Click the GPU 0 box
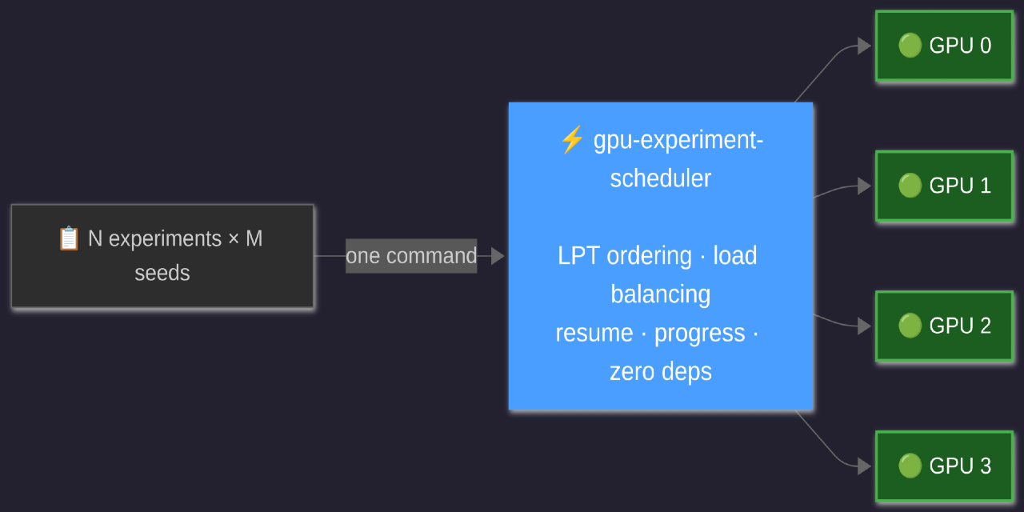point(944,46)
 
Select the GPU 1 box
point(944,186)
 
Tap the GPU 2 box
point(944,326)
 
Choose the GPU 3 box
point(944,466)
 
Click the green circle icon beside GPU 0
point(910,46)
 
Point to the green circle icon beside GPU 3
point(910,466)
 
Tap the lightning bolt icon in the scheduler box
point(571,140)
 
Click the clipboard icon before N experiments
point(69,238)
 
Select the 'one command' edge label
point(411,256)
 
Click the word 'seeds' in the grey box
point(162,273)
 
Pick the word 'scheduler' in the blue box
point(660,178)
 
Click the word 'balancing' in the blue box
point(660,294)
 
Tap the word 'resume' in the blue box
point(594,333)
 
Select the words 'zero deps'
point(660,371)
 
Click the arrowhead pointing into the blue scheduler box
point(498,256)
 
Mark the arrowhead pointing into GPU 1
point(864,186)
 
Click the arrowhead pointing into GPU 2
point(864,326)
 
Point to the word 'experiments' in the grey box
point(165,238)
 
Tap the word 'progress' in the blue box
point(699,333)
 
